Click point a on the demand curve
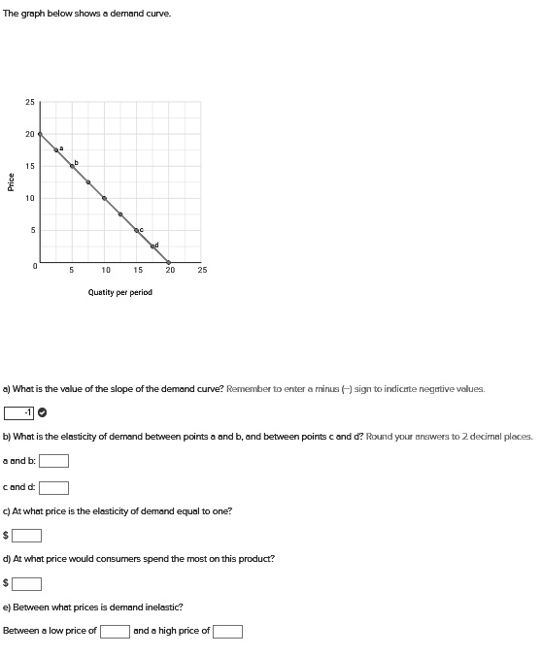click(55, 149)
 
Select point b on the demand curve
click(72, 166)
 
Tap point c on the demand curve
click(136, 230)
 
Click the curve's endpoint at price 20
click(40, 134)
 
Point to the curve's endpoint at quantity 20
click(169, 262)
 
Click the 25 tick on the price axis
click(30, 102)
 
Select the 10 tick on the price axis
click(30, 198)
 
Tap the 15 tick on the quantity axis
click(137, 271)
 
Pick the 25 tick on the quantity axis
click(202, 271)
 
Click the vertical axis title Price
click(11, 181)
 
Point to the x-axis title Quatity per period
click(119, 292)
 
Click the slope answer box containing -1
click(19, 412)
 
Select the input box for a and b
click(53, 461)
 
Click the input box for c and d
click(53, 487)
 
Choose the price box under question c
click(26, 535)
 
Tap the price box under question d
click(26, 583)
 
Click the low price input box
click(115, 632)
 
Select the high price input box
click(227, 632)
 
